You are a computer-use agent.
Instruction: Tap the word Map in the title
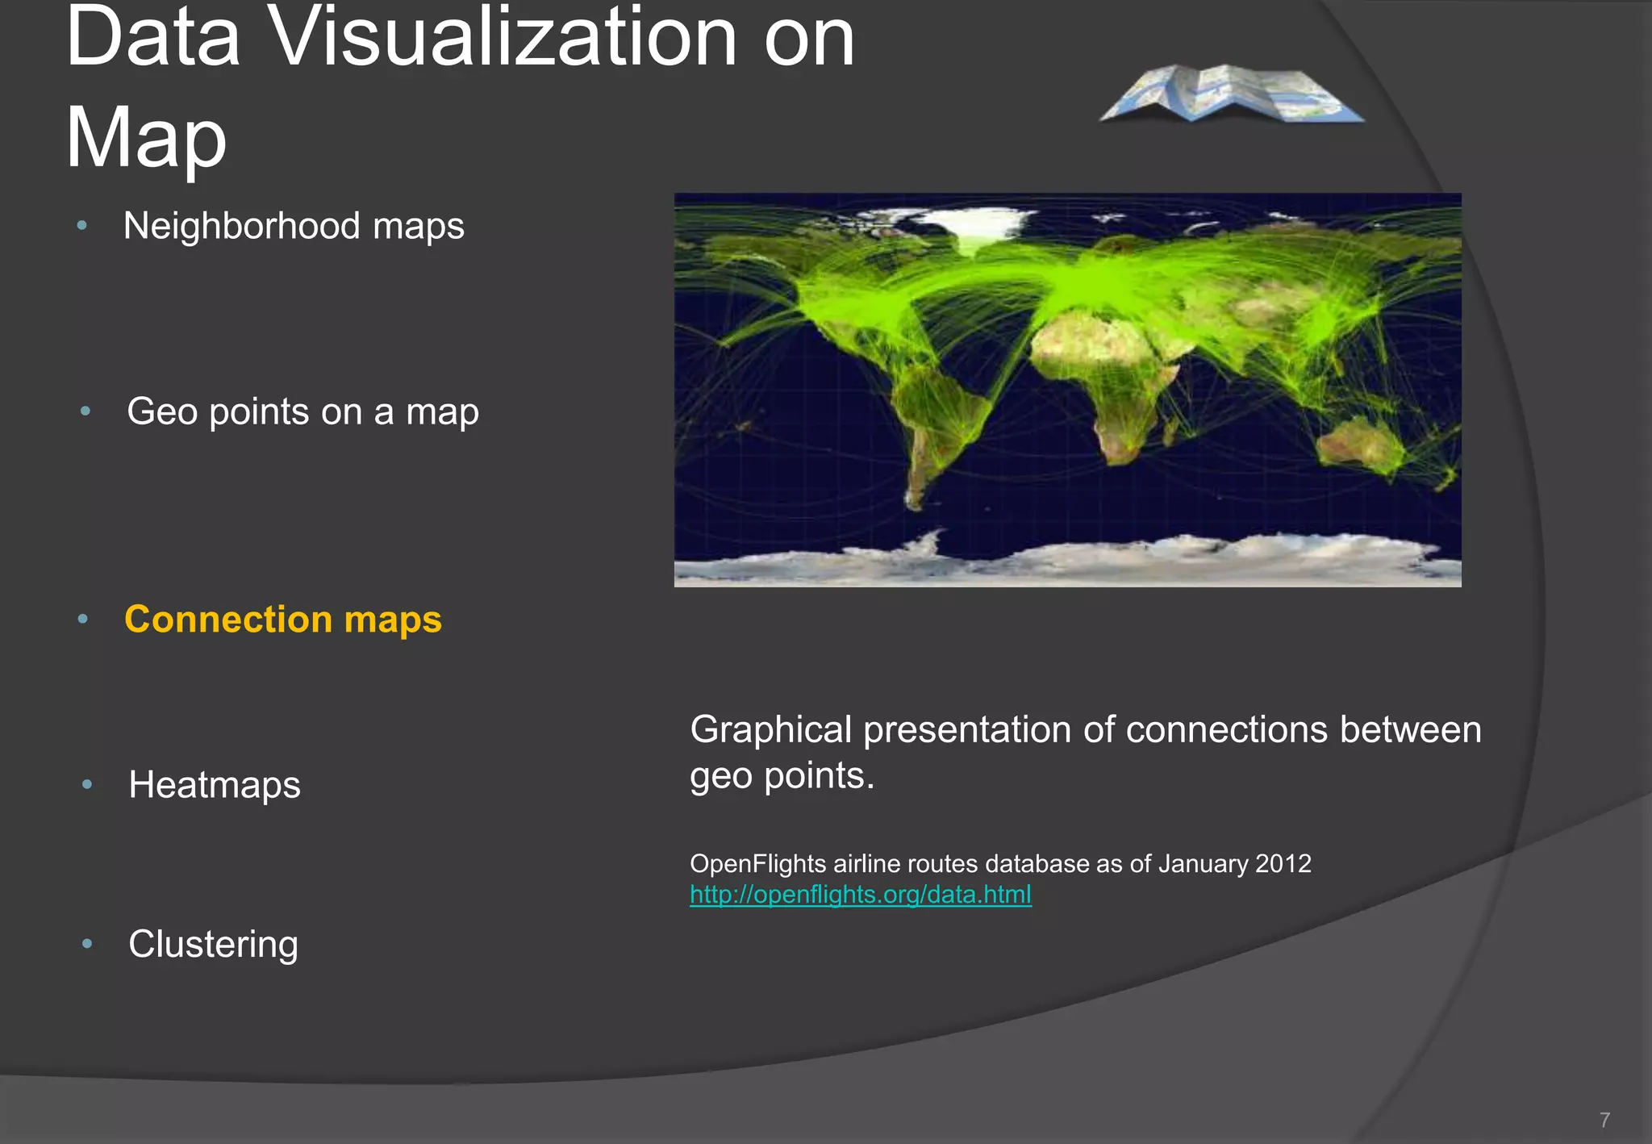pos(146,137)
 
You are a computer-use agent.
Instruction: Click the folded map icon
pos(1232,93)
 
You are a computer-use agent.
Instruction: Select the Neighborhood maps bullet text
pos(294,226)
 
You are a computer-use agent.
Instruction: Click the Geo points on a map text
pos(302,411)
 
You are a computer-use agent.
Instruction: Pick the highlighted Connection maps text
pos(282,620)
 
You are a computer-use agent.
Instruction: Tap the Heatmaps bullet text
pos(215,785)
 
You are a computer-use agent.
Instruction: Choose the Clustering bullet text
pos(213,944)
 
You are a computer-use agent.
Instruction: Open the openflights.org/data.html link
pos(860,895)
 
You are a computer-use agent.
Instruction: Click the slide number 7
pos(1604,1120)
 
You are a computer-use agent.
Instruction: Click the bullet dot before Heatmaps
pos(87,784)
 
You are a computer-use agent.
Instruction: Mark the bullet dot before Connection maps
pos(82,620)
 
